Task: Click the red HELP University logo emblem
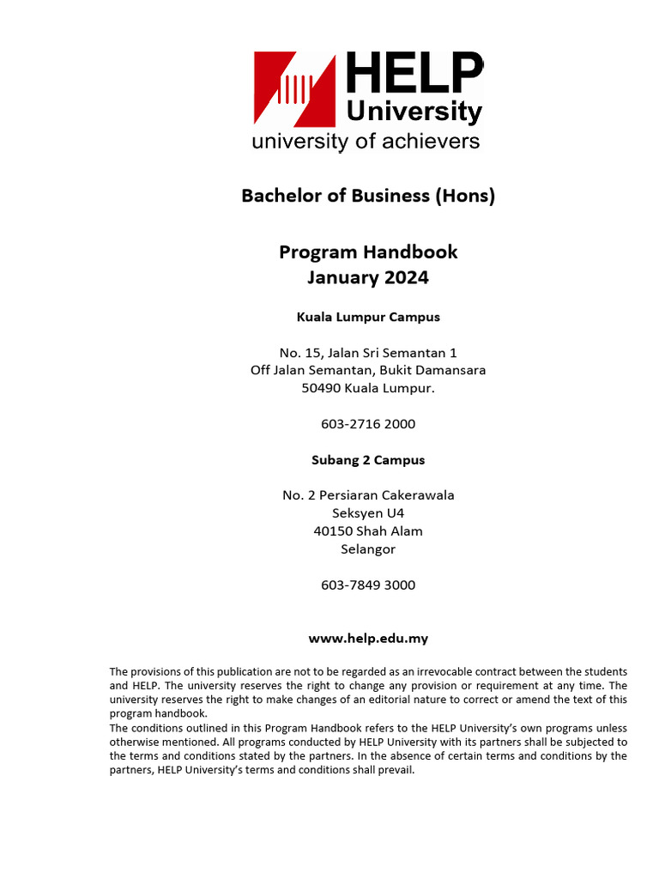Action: click(293, 88)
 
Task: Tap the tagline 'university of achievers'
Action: click(366, 142)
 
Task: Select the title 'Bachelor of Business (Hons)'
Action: click(368, 196)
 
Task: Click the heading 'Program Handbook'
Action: click(368, 252)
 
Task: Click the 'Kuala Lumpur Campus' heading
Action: click(368, 317)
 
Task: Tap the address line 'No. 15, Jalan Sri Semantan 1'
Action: click(368, 353)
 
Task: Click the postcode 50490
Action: click(321, 388)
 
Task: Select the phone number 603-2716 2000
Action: click(368, 424)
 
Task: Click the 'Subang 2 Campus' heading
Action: click(368, 460)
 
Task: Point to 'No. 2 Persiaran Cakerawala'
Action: click(368, 495)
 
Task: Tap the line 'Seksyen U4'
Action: click(368, 513)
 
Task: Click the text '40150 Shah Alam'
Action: click(368, 531)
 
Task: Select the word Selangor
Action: click(368, 549)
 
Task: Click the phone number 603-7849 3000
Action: click(368, 585)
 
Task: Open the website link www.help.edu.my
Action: click(368, 639)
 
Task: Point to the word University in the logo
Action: click(414, 112)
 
